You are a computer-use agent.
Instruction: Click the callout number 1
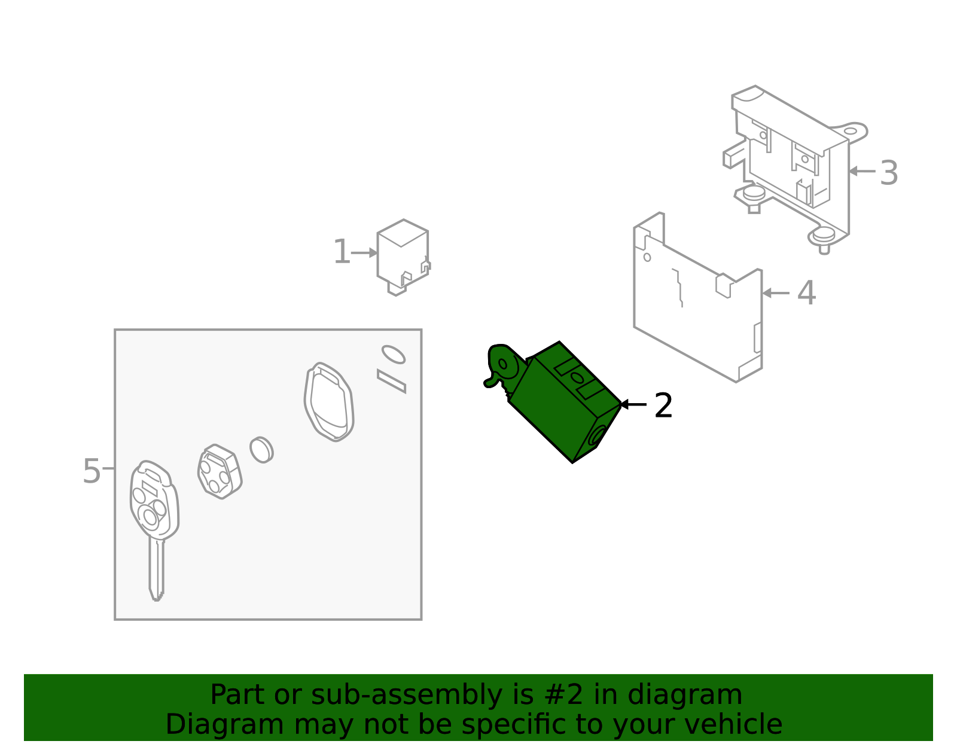tap(342, 252)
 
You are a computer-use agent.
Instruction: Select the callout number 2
tap(663, 405)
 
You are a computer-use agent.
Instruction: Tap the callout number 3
tap(889, 173)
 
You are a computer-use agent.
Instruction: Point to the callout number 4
tap(806, 292)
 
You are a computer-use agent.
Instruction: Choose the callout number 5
tap(92, 471)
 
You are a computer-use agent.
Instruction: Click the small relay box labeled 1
tap(403, 257)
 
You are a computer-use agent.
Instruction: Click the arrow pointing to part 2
tap(633, 404)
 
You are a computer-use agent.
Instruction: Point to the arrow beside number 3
tap(862, 171)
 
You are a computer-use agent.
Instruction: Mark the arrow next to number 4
tap(776, 292)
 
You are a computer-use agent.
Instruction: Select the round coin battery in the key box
tap(261, 449)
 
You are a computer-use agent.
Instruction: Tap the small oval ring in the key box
tap(394, 354)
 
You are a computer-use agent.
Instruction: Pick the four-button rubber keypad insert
tap(220, 471)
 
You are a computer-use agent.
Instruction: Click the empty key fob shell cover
tap(329, 401)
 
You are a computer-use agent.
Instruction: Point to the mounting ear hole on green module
tap(502, 364)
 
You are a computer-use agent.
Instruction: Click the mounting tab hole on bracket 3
tap(850, 131)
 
